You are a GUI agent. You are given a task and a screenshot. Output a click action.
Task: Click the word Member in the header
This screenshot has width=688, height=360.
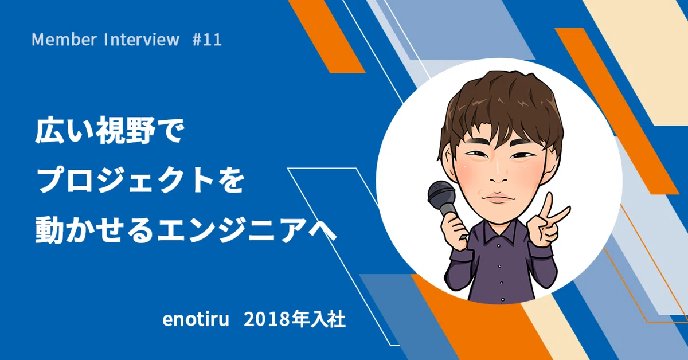click(x=64, y=40)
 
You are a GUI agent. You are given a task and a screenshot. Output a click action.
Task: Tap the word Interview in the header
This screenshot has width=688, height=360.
click(x=142, y=40)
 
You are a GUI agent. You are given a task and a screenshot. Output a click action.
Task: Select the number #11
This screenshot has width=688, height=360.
click(x=207, y=40)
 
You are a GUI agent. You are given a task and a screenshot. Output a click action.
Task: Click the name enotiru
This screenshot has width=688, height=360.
click(x=196, y=319)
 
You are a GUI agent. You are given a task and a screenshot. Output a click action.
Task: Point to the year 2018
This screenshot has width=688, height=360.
click(x=267, y=319)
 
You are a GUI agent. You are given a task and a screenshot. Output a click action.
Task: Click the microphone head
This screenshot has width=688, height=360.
click(x=441, y=194)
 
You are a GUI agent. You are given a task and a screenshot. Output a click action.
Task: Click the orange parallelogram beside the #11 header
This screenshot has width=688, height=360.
click(x=326, y=36)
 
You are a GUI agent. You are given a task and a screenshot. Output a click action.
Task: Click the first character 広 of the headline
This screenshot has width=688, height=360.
click(x=49, y=131)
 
